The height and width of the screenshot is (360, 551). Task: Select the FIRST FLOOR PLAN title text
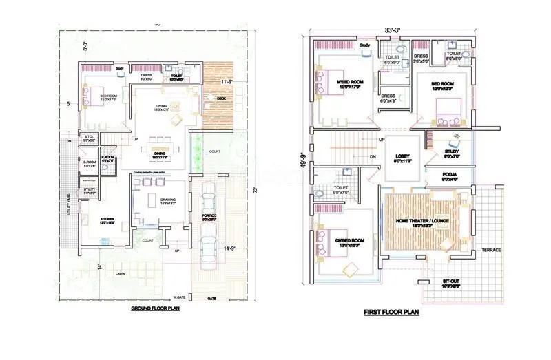tap(391, 312)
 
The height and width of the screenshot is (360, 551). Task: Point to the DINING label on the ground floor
tap(160, 153)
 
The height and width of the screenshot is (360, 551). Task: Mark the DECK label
tap(221, 98)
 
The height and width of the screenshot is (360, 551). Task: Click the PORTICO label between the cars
tap(209, 216)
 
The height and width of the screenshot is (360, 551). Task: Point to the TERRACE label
tap(490, 250)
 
